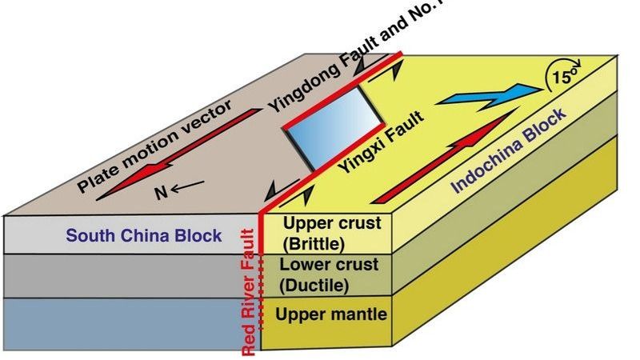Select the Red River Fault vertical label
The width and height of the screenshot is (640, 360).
pyautogui.click(x=250, y=293)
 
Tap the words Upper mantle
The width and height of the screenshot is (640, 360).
pyautogui.click(x=331, y=314)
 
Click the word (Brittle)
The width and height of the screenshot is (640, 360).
pyautogui.click(x=314, y=242)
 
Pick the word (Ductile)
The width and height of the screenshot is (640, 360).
pyautogui.click(x=314, y=284)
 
